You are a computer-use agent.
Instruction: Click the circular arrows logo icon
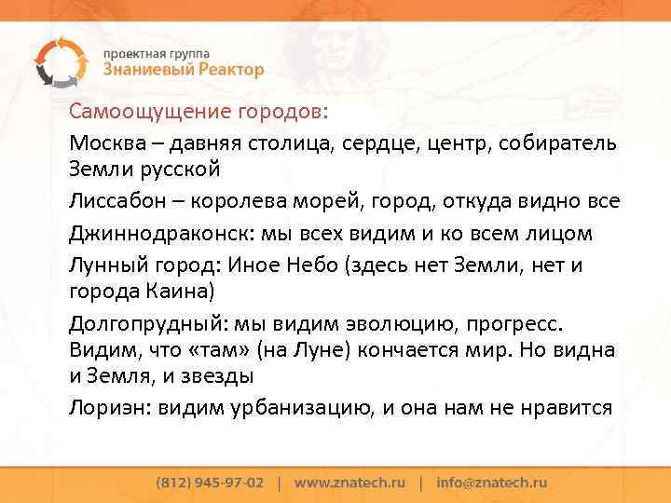coord(58,60)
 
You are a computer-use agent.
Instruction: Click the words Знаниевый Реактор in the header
coord(183,70)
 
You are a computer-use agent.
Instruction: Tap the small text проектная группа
coord(157,53)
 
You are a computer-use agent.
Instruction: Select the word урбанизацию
coord(308,407)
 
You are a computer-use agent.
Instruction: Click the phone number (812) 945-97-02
coord(210,483)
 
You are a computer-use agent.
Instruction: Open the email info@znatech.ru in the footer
coord(491,483)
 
